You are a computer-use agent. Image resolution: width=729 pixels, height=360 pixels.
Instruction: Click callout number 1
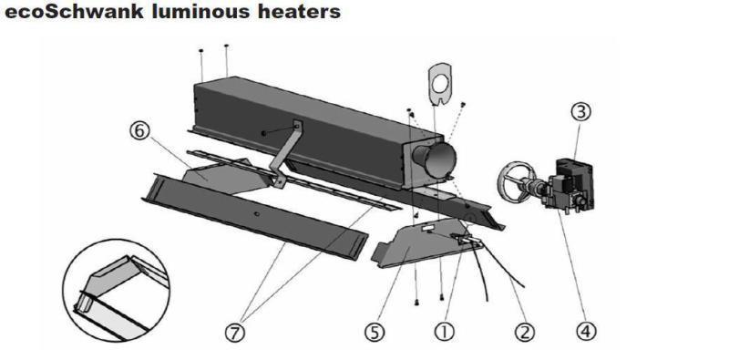(446, 332)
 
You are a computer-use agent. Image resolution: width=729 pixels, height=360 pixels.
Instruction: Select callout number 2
(523, 332)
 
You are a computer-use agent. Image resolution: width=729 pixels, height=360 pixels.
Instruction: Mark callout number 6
(139, 131)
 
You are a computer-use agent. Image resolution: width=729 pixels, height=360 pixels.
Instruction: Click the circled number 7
(236, 333)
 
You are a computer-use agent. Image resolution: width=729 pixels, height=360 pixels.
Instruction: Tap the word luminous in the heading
(182, 14)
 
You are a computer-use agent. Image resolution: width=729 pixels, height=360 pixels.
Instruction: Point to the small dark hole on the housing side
(263, 133)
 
